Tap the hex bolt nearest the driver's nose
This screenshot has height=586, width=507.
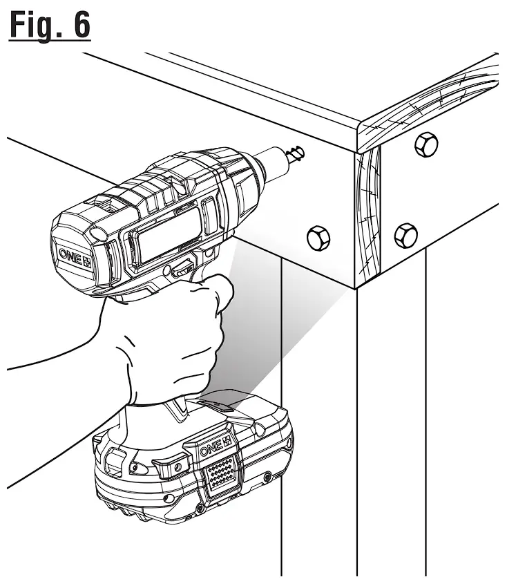[318, 238]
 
